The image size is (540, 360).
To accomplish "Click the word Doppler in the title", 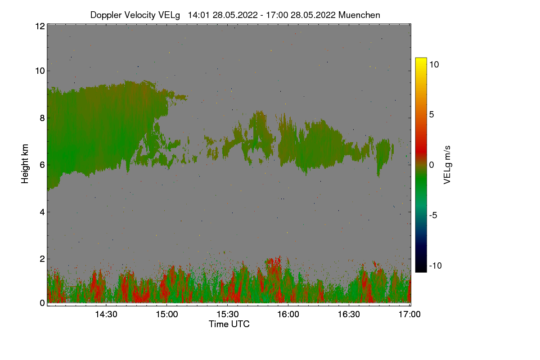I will pos(106,15).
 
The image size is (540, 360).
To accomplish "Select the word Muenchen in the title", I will pos(359,15).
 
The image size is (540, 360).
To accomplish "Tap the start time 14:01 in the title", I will pos(198,15).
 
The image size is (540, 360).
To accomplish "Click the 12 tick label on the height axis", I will pos(40,26).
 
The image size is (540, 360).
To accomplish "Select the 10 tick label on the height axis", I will pos(40,71).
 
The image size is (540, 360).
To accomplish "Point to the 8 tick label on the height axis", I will pos(42,118).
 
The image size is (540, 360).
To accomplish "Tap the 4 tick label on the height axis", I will pos(42,212).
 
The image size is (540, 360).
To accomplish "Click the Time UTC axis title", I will pos(229,324).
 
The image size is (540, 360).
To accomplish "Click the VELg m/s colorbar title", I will pos(447,164).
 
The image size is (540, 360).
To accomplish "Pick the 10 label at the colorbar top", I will pos(434,64).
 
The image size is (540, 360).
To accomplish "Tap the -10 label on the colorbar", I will pos(436,265).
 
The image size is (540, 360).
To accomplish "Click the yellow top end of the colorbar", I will pos(421,60).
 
